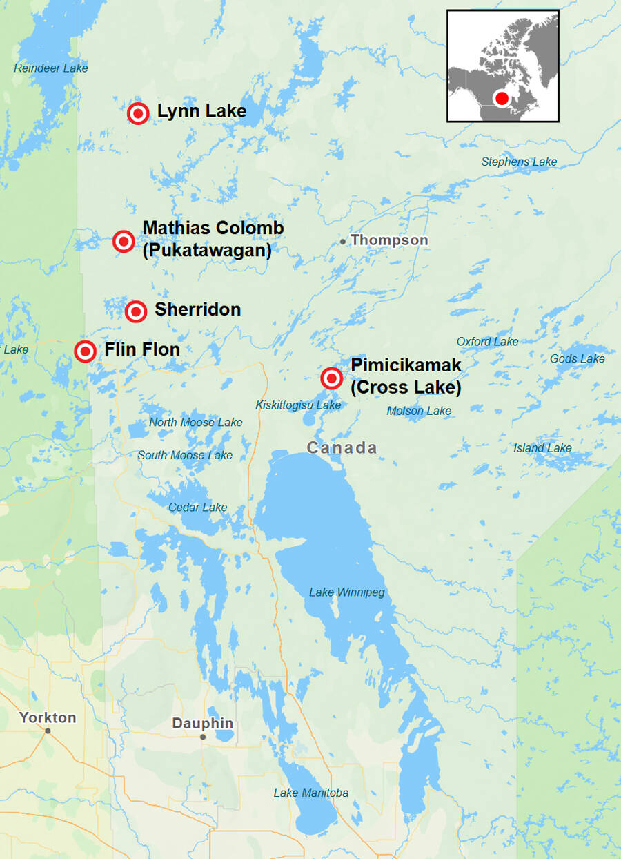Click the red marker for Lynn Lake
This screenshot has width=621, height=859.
(x=138, y=113)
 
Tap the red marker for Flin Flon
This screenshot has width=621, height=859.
(x=85, y=351)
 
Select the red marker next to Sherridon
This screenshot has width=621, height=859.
(x=136, y=311)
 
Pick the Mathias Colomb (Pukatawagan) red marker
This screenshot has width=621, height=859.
(x=124, y=241)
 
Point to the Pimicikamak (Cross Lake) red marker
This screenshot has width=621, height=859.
(x=332, y=378)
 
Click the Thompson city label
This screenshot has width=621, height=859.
(x=389, y=240)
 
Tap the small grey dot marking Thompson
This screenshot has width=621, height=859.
(x=343, y=241)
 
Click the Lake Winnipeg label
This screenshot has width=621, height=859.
(x=346, y=592)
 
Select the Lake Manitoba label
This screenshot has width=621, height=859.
(x=310, y=793)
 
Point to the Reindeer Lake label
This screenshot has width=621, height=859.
(x=51, y=68)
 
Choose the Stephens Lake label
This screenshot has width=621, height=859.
(x=519, y=162)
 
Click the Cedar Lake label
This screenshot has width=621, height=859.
(x=197, y=508)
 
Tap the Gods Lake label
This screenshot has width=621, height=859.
(x=577, y=358)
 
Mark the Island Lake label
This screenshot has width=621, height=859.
(x=542, y=448)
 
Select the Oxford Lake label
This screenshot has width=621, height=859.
(x=487, y=342)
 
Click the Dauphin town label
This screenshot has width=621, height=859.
(x=202, y=724)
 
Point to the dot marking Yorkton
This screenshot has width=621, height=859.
(x=48, y=731)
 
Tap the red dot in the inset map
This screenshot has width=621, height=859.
(x=502, y=98)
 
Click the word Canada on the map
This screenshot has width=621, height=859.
(x=342, y=447)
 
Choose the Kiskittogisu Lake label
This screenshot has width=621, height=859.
(x=298, y=405)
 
